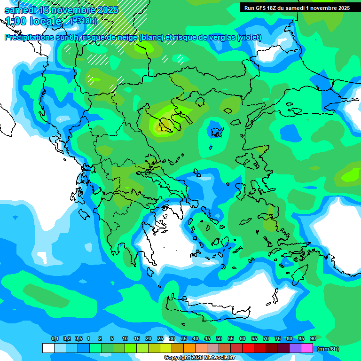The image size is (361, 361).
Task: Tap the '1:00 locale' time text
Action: click(x=33, y=21)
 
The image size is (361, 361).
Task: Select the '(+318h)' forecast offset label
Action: click(x=84, y=21)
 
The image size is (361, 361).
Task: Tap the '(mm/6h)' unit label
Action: click(x=328, y=349)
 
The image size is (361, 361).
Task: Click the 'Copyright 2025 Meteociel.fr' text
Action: click(x=199, y=358)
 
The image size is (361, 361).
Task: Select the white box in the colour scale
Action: click(x=48, y=348)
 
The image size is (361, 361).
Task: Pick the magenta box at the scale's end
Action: click(x=307, y=348)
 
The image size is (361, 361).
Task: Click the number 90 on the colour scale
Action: click(x=313, y=338)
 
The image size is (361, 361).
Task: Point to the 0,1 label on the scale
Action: click(x=55, y=338)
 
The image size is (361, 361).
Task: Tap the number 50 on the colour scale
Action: click(x=219, y=338)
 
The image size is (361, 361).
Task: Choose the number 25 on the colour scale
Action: click(x=160, y=338)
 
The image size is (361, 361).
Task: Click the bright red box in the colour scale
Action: click(x=248, y=348)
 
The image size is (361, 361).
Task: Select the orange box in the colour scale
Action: click(x=189, y=348)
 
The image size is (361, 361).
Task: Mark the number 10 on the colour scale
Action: click(x=125, y=338)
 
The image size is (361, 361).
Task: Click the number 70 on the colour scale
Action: click(x=266, y=338)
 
